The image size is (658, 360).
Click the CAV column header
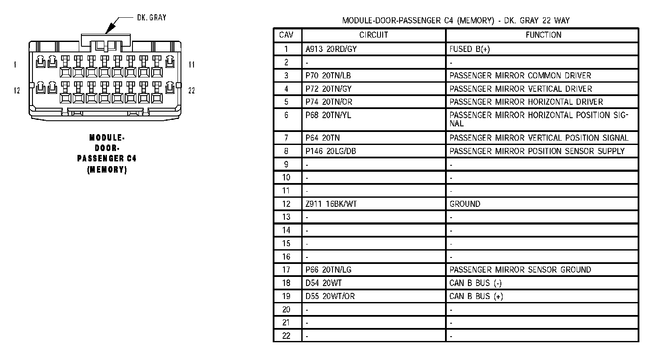(x=286, y=35)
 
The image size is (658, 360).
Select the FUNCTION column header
(x=543, y=35)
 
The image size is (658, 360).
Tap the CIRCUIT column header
(x=374, y=35)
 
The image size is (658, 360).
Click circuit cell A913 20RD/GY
(x=331, y=49)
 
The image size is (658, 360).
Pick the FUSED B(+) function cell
(x=470, y=49)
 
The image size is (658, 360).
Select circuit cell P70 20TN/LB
(x=328, y=76)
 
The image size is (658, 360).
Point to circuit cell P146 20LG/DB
(x=331, y=151)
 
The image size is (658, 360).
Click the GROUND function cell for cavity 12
(x=464, y=204)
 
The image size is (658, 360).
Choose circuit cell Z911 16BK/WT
(x=331, y=204)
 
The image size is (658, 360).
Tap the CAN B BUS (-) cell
(x=475, y=283)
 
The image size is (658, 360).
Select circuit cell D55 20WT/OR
(x=330, y=296)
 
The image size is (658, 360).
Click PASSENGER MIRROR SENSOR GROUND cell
(x=520, y=270)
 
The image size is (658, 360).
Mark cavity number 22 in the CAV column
(x=286, y=336)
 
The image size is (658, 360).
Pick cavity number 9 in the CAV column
(x=286, y=164)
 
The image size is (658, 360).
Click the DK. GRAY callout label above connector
(x=151, y=18)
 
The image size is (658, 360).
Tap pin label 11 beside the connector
(x=191, y=65)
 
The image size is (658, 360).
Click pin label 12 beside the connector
(x=16, y=90)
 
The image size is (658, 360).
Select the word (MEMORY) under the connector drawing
(x=107, y=170)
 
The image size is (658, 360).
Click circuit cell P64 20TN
(x=323, y=138)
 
